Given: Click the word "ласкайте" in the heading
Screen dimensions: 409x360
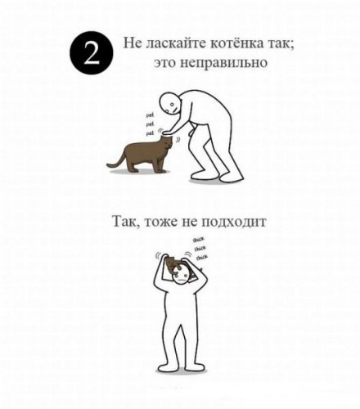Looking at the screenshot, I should [173, 43].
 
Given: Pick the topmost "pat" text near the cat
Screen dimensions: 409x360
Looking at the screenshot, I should [150, 116].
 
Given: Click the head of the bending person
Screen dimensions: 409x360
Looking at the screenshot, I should [169, 104].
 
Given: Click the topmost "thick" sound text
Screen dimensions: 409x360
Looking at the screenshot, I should [199, 239].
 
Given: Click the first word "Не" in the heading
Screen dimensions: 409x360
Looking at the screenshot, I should [131, 43].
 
